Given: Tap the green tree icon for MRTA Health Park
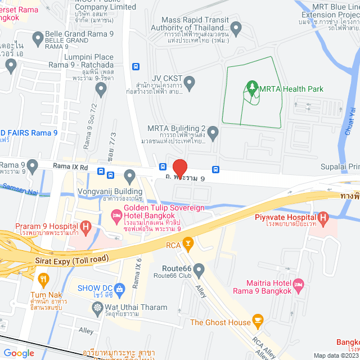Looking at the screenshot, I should (251, 87).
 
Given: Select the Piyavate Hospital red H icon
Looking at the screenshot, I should (323, 217).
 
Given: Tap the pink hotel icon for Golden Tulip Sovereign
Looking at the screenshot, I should (116, 215).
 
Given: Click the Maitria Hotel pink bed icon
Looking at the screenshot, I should (298, 284).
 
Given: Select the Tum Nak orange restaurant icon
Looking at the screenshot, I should (43, 278).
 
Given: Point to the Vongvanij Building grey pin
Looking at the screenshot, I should (130, 178).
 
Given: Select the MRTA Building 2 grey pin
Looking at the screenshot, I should (213, 133).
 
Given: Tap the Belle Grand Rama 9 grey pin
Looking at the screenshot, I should (38, 38).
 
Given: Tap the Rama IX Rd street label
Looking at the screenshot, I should (71, 167).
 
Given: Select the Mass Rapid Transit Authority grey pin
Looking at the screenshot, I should (236, 27).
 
